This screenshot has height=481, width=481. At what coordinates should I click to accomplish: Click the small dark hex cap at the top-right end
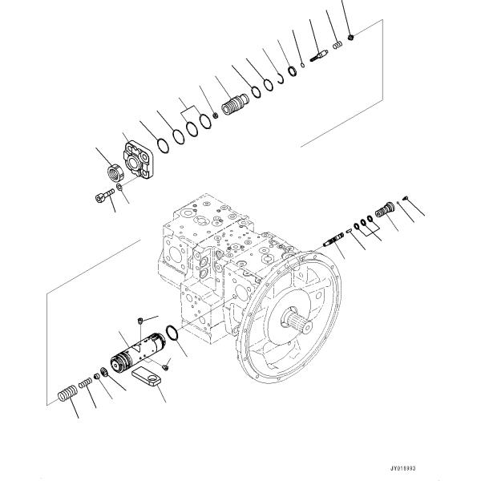(x=351, y=37)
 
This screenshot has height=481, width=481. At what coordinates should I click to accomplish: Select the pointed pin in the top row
(x=318, y=56)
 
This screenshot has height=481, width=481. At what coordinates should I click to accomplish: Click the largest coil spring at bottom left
(x=69, y=394)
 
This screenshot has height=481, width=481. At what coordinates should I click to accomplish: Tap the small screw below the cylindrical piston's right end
(x=166, y=366)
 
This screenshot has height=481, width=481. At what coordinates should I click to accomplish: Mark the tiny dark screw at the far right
(x=407, y=200)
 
